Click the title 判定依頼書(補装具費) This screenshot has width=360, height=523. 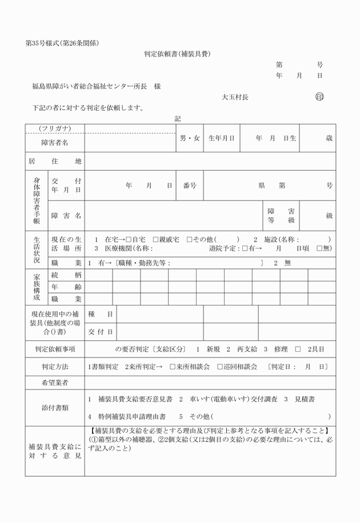pos(180,54)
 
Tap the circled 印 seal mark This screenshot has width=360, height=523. pos(319,97)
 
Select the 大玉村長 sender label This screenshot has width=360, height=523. pos(235,98)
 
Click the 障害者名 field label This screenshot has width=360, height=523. pos(55,142)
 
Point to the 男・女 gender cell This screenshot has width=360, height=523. pos(190,138)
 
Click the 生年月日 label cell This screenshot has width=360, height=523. pos(222,138)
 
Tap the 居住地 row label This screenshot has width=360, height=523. pos(55,162)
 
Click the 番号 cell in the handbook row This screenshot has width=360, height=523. pos(190,186)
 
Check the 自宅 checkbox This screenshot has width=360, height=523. pos(129,239)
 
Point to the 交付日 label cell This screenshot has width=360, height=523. pos(101,332)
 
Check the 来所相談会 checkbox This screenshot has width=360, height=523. pos(173,367)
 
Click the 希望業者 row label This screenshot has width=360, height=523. pos(55,383)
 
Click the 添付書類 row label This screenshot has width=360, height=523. pos(55,408)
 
